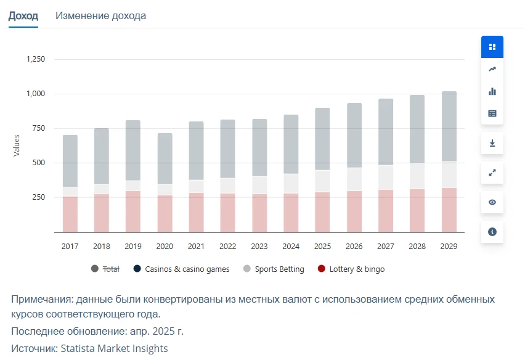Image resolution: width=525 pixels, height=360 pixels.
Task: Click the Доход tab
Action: (23, 16)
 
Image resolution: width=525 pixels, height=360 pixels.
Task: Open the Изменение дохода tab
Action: (101, 16)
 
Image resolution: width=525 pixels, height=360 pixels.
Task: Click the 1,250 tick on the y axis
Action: (36, 59)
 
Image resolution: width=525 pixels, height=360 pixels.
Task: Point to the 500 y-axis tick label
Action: (38, 162)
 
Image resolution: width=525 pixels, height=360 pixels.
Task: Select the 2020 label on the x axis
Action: (165, 247)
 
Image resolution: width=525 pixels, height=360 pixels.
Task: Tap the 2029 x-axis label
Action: (449, 247)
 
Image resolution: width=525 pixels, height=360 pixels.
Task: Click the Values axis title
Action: (17, 145)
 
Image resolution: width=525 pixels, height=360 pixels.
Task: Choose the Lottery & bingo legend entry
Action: (351, 269)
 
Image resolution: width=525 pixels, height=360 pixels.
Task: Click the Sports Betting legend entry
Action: (274, 269)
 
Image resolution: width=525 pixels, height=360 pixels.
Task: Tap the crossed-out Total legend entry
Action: (105, 269)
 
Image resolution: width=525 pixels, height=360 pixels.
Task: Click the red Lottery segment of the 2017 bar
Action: (70, 215)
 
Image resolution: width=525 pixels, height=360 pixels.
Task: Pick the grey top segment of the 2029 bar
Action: (449, 126)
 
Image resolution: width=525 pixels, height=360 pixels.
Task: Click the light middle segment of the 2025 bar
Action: (322, 181)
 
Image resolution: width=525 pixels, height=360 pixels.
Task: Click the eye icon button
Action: (492, 202)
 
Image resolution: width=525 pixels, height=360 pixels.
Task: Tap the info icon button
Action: (492, 232)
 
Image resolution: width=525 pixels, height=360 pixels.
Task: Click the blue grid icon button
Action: (492, 47)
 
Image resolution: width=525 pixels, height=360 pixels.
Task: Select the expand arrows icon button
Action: (492, 173)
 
